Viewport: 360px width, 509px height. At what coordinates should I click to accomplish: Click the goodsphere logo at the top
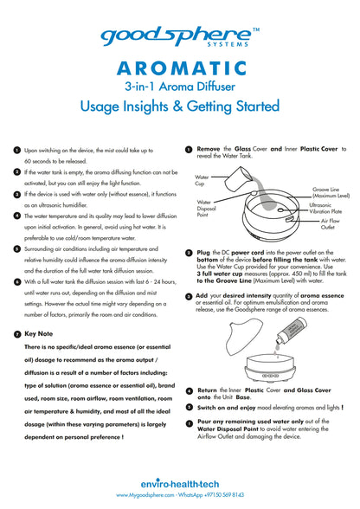pyautogui.click(x=177, y=37)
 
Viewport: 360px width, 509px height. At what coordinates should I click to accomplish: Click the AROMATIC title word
pyautogui.click(x=182, y=68)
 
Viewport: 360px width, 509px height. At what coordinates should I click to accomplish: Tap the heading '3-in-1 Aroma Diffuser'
pyautogui.click(x=180, y=87)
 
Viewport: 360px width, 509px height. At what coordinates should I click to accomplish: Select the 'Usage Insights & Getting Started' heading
pyautogui.click(x=180, y=106)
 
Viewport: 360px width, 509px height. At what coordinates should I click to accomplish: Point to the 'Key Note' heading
pyautogui.click(x=39, y=334)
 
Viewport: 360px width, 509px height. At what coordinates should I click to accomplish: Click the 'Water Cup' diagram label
pyautogui.click(x=202, y=180)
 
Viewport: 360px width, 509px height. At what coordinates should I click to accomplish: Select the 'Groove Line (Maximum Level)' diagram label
pyautogui.click(x=331, y=192)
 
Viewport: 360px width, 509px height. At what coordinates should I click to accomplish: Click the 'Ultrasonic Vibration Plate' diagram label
pyautogui.click(x=325, y=208)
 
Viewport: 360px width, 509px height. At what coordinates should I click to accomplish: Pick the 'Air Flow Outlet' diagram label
pyautogui.click(x=330, y=224)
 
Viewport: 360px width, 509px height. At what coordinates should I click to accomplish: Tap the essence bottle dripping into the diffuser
pyautogui.click(x=290, y=331)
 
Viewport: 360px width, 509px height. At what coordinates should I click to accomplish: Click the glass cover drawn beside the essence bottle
pyautogui.click(x=245, y=337)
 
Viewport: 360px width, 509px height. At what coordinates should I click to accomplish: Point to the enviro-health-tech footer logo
pyautogui.click(x=180, y=484)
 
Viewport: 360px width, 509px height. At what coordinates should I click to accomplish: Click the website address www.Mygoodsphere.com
pyautogui.click(x=145, y=495)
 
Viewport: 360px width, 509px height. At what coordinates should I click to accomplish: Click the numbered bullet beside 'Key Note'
pyautogui.click(x=17, y=334)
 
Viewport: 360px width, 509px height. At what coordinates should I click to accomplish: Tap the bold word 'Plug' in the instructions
pyautogui.click(x=203, y=253)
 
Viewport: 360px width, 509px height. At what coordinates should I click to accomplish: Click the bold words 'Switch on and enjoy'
pyautogui.click(x=226, y=408)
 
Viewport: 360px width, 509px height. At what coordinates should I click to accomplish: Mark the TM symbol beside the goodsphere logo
pyautogui.click(x=256, y=29)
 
